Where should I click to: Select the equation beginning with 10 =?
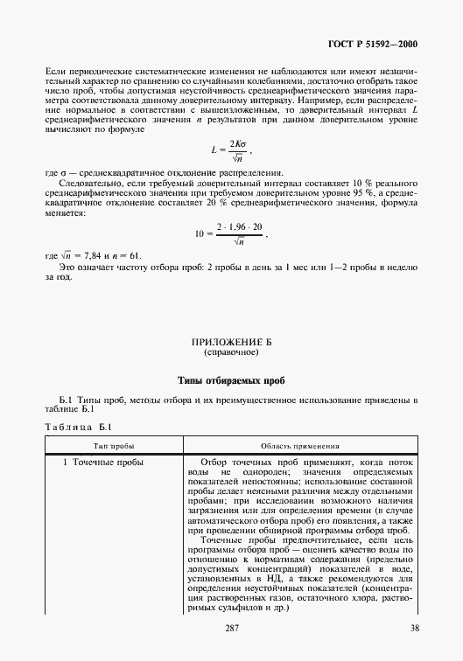231,234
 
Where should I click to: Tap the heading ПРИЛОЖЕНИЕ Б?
231,343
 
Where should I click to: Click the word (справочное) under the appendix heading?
231,353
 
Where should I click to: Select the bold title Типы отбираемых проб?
231,380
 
